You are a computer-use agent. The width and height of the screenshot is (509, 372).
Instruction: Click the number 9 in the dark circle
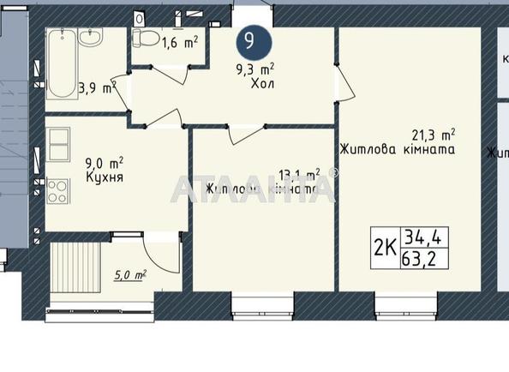coord(249,40)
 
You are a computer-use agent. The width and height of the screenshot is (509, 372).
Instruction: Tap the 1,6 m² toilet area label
coord(182,40)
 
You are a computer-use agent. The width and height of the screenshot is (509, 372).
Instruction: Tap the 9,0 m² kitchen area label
coord(105,161)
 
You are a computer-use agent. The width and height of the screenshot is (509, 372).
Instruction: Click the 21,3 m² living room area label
coord(433,134)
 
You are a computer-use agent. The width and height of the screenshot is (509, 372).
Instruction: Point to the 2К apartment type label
coord(385,247)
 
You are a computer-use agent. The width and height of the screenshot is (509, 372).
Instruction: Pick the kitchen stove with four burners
coord(58,190)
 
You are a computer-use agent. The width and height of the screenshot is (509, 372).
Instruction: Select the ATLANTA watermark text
coord(254,189)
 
